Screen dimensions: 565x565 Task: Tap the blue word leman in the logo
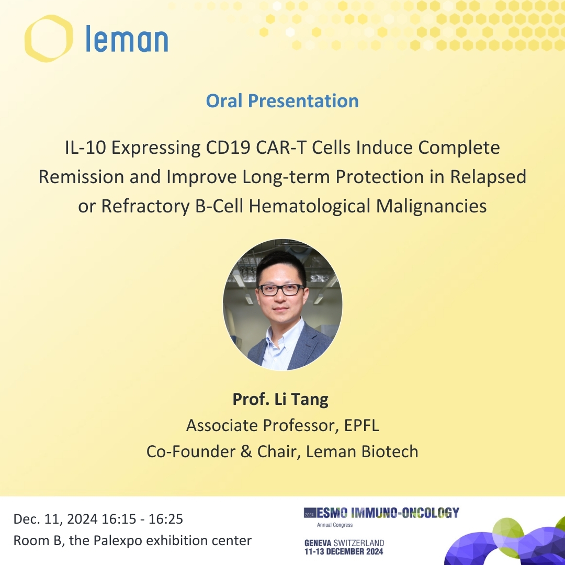click(127, 39)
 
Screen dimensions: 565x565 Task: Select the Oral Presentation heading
click(282, 101)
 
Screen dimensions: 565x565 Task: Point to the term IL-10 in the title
click(85, 148)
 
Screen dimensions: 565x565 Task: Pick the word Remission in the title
click(82, 177)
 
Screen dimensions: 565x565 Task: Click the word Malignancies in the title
click(431, 207)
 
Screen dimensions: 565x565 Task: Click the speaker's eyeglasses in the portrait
click(281, 290)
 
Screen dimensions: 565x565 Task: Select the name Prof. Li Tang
click(280, 399)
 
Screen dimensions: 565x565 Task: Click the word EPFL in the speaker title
click(361, 425)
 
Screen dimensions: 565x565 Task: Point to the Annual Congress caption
click(335, 525)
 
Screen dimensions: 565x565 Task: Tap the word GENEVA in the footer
click(318, 543)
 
